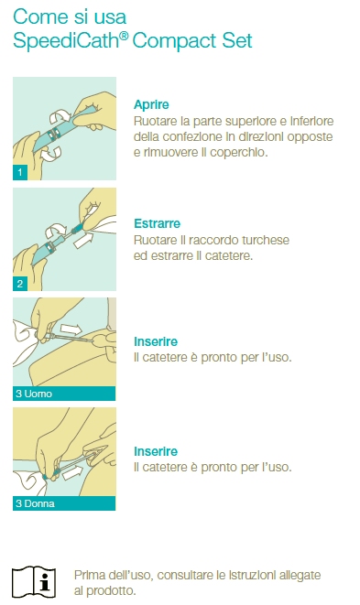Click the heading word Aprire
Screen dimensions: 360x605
151,105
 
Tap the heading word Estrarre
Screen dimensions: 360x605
157,223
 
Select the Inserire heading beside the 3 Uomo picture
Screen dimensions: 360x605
156,341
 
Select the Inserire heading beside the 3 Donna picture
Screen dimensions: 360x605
156,451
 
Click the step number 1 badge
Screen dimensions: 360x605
20,172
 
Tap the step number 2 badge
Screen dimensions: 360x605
20,284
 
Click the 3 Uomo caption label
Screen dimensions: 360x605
34,394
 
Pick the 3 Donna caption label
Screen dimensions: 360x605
35,503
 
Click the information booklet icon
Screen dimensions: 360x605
34,582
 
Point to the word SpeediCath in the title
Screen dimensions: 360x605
66,41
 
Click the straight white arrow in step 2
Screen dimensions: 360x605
83,240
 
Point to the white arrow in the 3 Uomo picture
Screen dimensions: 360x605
71,330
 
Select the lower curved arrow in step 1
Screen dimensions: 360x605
52,154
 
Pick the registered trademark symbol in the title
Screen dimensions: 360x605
124,36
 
